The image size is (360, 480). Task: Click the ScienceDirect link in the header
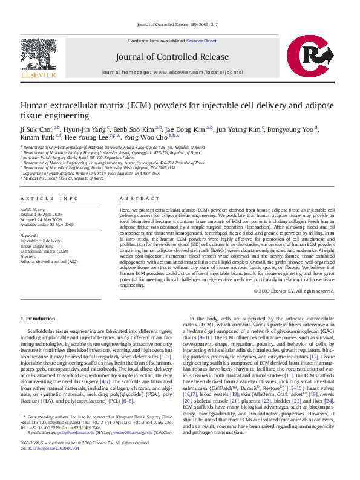pos(201,41)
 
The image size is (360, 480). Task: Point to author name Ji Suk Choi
pos(37,128)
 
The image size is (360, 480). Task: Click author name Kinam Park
pos(35,137)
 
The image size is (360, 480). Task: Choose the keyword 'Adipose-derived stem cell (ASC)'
pos(49,262)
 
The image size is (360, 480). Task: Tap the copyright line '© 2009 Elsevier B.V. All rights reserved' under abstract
pos(294,291)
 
